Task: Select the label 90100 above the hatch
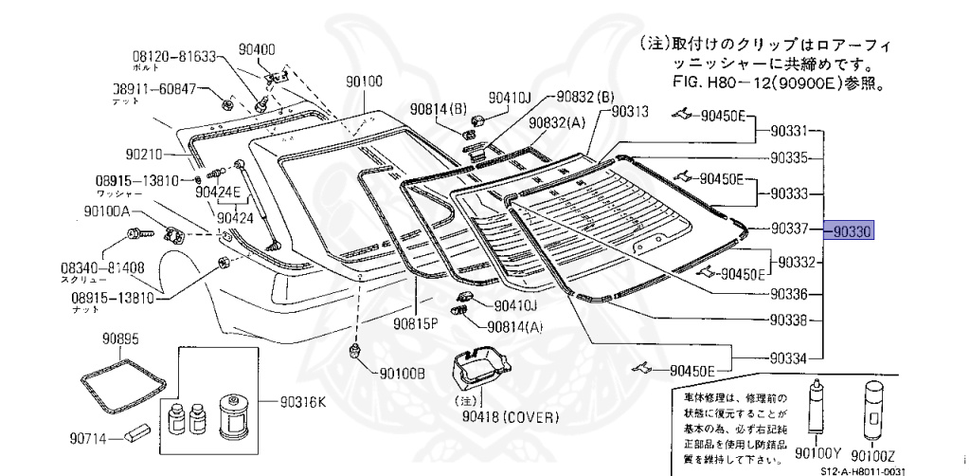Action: pyautogui.click(x=364, y=82)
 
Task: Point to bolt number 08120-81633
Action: pyautogui.click(x=174, y=57)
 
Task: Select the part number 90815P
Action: pyautogui.click(x=417, y=322)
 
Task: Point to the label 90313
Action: pyautogui.click(x=630, y=111)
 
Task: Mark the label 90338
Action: pyautogui.click(x=788, y=321)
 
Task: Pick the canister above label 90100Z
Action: pyautogui.click(x=871, y=411)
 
